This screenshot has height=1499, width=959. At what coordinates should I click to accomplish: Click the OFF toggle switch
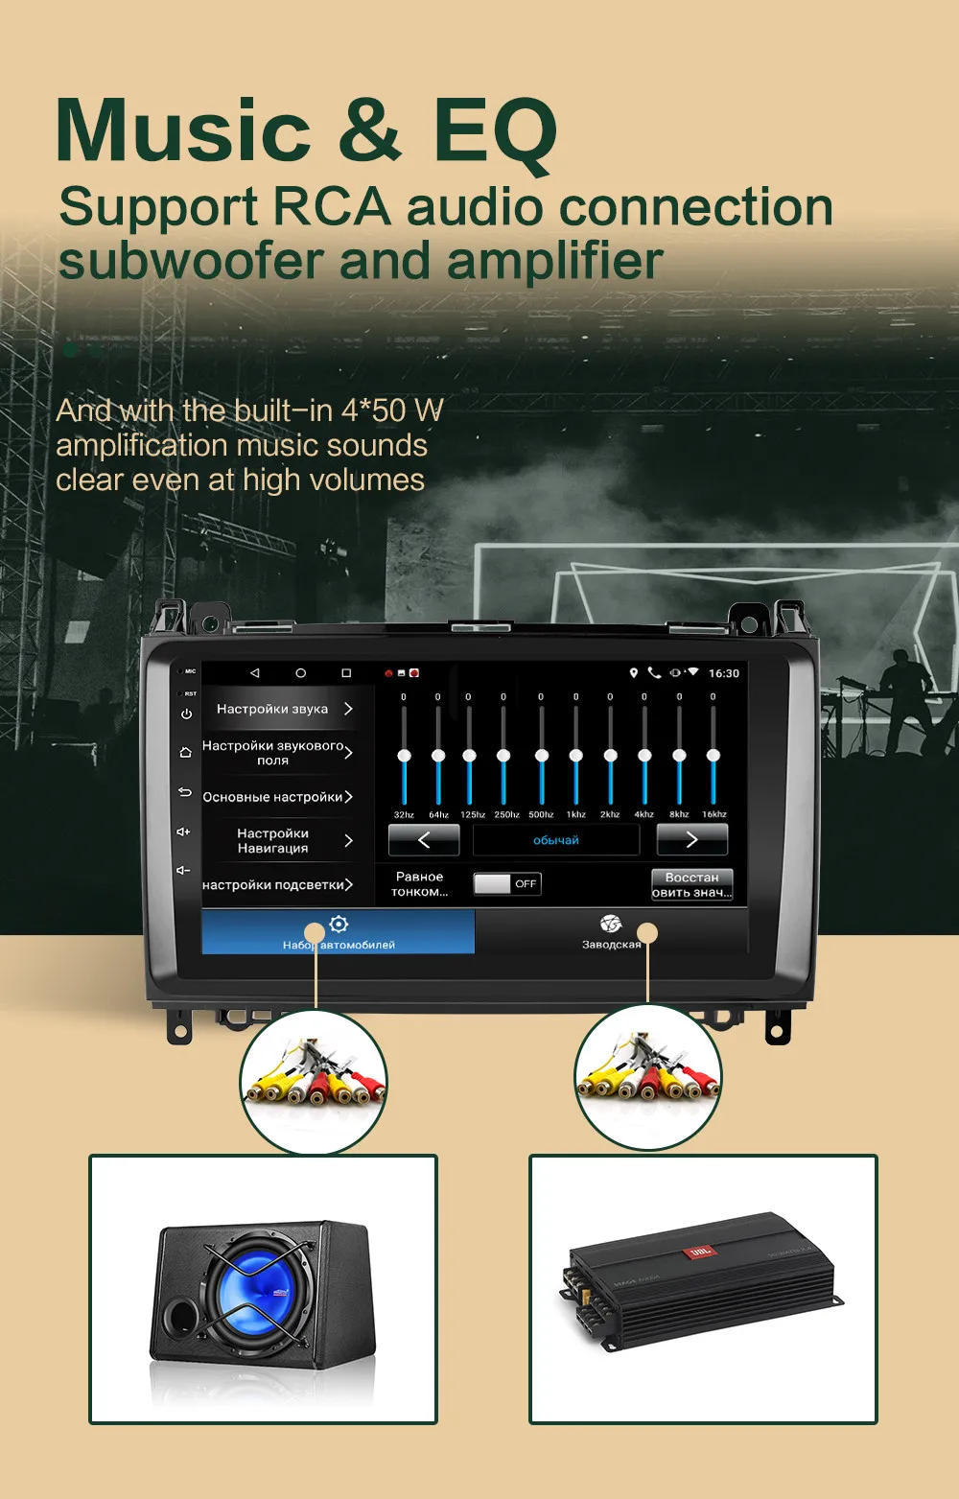pos(507,883)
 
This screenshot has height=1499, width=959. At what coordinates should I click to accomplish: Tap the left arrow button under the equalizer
pos(424,840)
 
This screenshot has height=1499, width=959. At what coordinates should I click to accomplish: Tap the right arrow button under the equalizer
pos(691,840)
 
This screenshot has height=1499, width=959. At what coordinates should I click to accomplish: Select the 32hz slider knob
pos(404,756)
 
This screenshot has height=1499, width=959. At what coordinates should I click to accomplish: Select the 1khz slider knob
pos(575,756)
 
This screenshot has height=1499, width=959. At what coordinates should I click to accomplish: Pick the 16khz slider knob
pos(713,756)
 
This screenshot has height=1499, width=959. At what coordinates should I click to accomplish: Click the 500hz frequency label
pos(541,815)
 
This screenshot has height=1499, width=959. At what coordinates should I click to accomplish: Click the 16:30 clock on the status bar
pos(724,673)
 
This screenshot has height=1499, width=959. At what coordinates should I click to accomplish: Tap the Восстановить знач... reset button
pos(691,884)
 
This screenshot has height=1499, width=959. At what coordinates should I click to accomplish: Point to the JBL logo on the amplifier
pos(700,1253)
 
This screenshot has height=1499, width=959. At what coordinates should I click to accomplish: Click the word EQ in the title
pos(495,130)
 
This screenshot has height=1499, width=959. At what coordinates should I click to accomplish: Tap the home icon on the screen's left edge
pos(186,753)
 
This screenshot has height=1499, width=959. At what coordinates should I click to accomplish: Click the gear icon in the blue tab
pos(339,925)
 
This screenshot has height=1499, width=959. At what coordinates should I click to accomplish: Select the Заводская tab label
pos(611,945)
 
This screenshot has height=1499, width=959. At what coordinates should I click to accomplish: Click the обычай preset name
pos(556,840)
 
